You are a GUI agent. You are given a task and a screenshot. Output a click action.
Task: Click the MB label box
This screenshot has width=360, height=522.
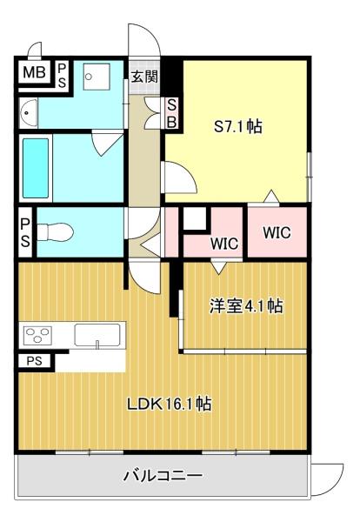[35, 72]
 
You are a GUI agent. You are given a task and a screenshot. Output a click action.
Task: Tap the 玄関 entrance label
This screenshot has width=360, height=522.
[144, 77]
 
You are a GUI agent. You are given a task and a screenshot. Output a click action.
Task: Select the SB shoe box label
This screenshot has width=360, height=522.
[171, 113]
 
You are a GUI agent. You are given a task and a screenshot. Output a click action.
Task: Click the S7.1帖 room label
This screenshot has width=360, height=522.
[237, 126]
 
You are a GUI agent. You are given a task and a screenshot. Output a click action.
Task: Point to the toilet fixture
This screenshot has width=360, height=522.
[55, 232]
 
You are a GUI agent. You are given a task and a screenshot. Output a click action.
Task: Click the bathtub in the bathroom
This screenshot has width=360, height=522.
[36, 168]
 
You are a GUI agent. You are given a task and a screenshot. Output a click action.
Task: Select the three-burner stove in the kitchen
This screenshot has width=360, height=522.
[38, 336]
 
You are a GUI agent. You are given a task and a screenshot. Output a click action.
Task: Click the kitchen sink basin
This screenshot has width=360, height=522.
[97, 335]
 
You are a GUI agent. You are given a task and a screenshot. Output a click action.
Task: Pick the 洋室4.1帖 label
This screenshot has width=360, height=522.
[246, 305]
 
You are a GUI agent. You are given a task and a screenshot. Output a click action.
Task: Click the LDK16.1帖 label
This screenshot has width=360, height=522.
[169, 405]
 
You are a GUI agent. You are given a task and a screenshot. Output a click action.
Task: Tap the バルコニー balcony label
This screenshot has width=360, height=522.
[163, 475]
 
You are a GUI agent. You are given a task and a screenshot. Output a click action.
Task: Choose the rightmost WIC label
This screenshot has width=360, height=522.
[277, 232]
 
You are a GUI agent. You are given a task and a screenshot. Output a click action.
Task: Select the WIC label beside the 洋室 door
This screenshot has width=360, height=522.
[224, 244]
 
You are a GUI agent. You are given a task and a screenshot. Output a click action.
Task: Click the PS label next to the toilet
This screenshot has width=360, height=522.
[25, 232]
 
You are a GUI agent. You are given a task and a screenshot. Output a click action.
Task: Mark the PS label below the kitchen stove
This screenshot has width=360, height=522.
[34, 361]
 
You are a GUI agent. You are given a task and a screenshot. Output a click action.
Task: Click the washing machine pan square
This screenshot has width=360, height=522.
[97, 77]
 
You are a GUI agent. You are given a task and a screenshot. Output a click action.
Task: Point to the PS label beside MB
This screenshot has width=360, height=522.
[62, 76]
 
